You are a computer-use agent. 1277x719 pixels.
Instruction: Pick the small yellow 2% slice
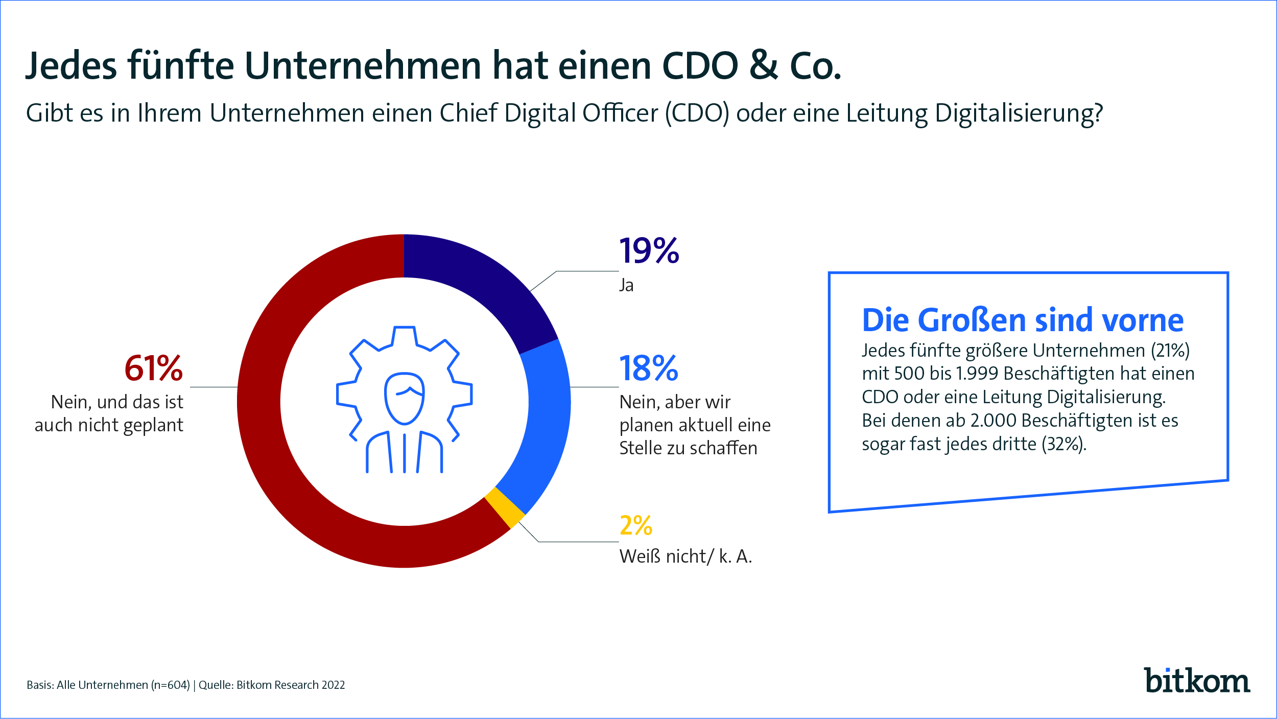tap(505, 507)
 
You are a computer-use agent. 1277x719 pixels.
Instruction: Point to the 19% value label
tap(649, 251)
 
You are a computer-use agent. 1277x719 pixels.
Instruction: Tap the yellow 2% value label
tap(635, 526)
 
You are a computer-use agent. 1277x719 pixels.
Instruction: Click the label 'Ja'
tap(626, 285)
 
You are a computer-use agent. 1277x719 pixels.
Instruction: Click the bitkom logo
tap(1196, 681)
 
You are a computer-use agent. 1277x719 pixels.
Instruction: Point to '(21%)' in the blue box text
tap(1170, 351)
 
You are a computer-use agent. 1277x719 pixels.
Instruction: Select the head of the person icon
tap(404, 398)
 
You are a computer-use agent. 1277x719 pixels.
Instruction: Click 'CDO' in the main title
tap(700, 66)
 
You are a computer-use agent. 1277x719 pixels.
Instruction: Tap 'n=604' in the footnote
tap(171, 685)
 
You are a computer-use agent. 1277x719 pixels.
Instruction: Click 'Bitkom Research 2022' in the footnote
tap(291, 685)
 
